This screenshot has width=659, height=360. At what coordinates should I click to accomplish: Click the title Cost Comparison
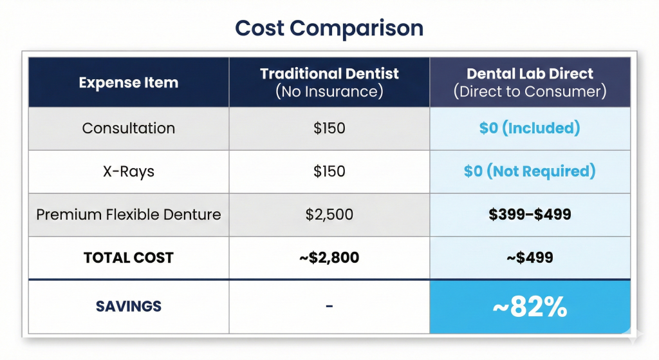pos(329,28)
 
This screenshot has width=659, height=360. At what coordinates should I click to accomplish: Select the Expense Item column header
pos(129,82)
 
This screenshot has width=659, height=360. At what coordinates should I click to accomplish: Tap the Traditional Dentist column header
pos(329,74)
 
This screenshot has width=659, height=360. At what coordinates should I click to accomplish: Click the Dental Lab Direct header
pos(530,74)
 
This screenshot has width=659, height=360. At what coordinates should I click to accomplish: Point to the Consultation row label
pos(129,128)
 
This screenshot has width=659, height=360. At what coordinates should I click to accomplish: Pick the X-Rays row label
pos(129,171)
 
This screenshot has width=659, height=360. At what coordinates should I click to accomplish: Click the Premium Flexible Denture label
pos(129,214)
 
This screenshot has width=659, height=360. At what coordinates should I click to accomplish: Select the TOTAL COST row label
pos(129,258)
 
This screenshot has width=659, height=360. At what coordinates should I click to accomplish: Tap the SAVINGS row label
pos(129,306)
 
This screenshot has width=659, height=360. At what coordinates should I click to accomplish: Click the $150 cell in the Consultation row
pos(329,128)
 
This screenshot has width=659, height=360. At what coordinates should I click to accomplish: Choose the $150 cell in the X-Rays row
pos(329,171)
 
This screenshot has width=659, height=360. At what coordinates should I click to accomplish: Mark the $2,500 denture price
pos(329,214)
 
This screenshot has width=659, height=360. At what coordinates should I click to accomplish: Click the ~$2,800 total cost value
pos(329,258)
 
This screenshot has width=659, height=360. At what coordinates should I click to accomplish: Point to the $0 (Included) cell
pos(530,128)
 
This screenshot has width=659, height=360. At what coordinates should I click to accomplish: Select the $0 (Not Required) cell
pos(530,171)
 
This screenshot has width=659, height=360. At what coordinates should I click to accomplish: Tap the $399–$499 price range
pos(530,214)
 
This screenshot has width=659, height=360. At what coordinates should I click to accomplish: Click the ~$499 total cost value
pos(530,258)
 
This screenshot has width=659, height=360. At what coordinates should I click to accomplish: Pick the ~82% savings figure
pos(530,308)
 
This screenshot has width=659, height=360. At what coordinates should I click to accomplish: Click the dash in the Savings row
pos(329,307)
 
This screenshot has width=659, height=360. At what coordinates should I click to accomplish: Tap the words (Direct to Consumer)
pos(530,91)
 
